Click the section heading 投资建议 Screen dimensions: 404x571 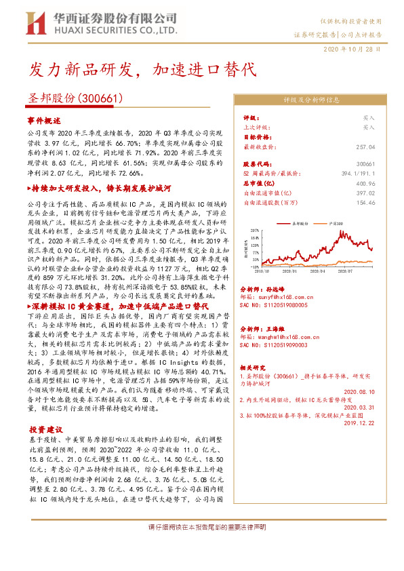pyautogui.click(x=45, y=429)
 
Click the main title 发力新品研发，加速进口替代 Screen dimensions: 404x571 pyautogui.click(x=142, y=70)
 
